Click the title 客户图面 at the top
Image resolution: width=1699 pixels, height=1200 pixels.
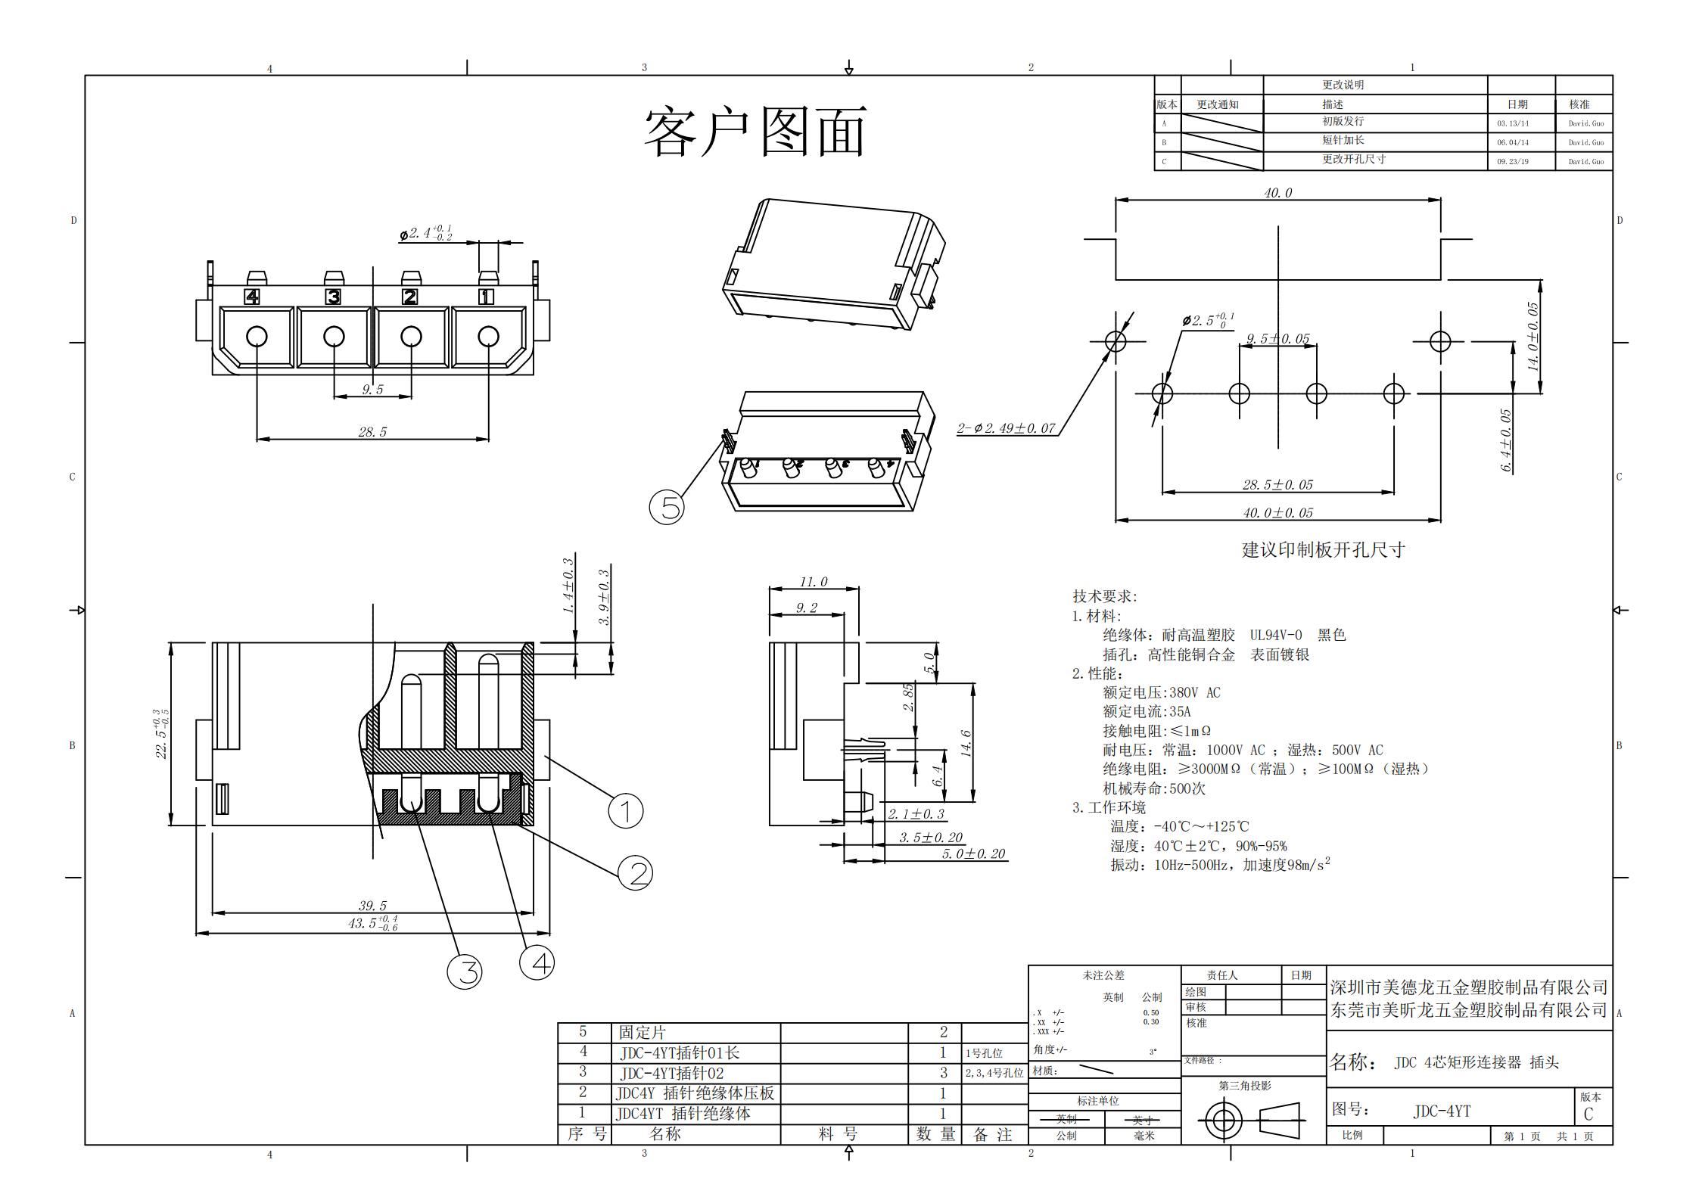(755, 132)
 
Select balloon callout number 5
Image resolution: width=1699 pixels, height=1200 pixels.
(667, 507)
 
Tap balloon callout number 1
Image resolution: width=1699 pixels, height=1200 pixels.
(626, 811)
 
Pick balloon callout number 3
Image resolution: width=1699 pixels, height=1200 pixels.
(465, 972)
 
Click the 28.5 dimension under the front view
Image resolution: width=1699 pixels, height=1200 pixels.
(372, 432)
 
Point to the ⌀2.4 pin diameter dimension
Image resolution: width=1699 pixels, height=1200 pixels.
(426, 233)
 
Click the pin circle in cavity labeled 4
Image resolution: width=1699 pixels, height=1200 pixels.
(257, 336)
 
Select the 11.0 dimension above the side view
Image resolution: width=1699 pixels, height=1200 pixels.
(814, 582)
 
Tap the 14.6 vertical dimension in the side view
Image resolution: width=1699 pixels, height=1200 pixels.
(966, 743)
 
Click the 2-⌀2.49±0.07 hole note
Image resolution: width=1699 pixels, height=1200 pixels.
(1006, 428)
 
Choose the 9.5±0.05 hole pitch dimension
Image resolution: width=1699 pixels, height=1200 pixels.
(1277, 338)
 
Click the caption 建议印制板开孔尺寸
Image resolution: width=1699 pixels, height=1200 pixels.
(1323, 550)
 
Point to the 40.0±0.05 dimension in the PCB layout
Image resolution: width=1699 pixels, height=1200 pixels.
(1277, 513)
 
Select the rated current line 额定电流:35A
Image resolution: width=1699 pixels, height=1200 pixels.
(1147, 711)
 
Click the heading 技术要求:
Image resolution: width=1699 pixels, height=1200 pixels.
(1104, 596)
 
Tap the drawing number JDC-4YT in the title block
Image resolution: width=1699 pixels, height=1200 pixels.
(1442, 1111)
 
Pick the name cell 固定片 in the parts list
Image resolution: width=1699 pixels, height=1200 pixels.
(642, 1032)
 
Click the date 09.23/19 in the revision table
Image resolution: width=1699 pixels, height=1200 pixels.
(1512, 161)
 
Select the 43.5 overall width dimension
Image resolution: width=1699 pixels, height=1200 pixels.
(372, 923)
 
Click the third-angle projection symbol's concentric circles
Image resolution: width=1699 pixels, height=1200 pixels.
(1223, 1120)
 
